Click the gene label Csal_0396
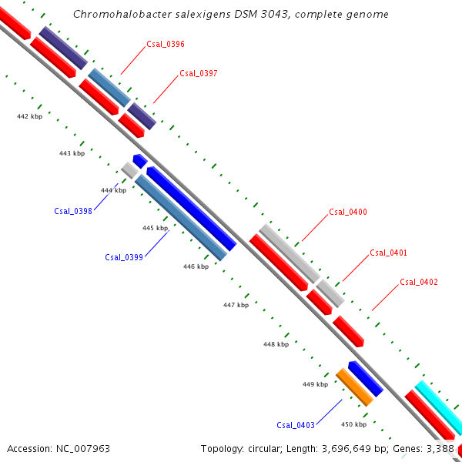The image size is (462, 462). coord(165,45)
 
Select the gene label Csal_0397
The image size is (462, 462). coord(199,74)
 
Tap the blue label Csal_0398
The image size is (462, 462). coord(73,211)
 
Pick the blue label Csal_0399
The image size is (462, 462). coord(124,257)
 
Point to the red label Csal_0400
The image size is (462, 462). coord(348,212)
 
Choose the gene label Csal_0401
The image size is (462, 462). coord(389,253)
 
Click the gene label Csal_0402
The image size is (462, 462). coord(419,282)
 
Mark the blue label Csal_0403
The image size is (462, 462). coord(296,425)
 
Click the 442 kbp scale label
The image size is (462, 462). coord(30,116)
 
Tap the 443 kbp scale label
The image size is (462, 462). coord(72,153)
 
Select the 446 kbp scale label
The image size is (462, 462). coord(196,266)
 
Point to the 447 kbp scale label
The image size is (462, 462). coord(236,305)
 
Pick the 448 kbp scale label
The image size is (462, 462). coord(276,344)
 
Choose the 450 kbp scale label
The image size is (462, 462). coord(353,424)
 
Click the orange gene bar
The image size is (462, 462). coord(354,387)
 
